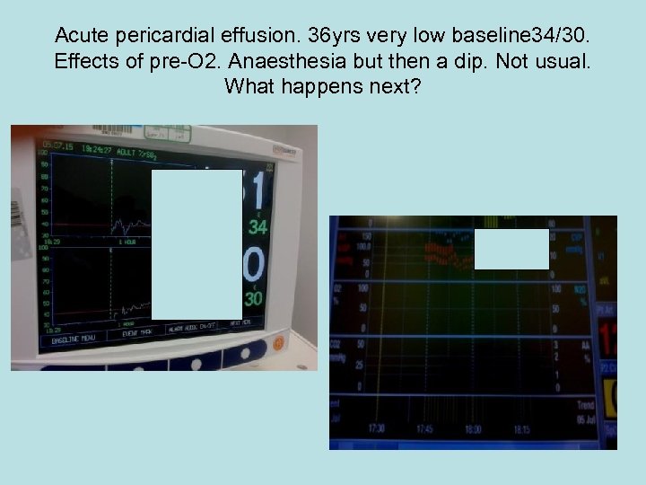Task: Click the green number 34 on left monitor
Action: [258, 226]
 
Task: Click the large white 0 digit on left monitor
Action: [255, 267]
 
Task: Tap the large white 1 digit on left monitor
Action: [258, 190]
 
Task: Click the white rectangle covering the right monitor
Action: [511, 249]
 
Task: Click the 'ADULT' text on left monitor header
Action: [126, 153]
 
